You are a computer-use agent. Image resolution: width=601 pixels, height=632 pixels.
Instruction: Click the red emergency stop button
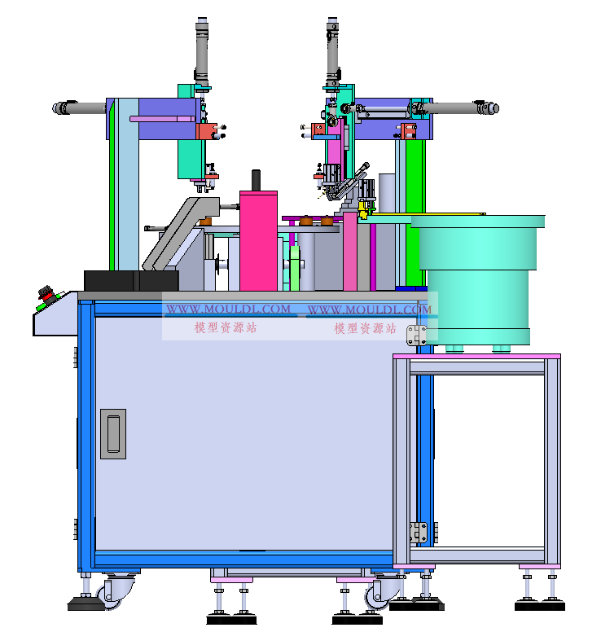coord(46,293)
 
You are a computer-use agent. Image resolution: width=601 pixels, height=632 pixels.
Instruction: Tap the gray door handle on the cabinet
coord(113,434)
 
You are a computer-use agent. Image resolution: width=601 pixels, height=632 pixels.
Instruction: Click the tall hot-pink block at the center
coord(258,240)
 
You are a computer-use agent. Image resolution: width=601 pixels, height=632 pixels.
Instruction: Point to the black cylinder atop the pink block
coord(256,180)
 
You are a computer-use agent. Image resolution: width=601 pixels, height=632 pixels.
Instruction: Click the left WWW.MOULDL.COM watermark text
coord(228,309)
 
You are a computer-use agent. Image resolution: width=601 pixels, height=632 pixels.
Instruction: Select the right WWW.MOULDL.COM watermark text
coord(370,309)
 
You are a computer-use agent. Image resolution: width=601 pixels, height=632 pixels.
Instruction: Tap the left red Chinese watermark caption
coord(226,327)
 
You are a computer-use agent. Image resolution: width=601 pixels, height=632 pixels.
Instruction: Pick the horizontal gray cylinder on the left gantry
coord(80,108)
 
